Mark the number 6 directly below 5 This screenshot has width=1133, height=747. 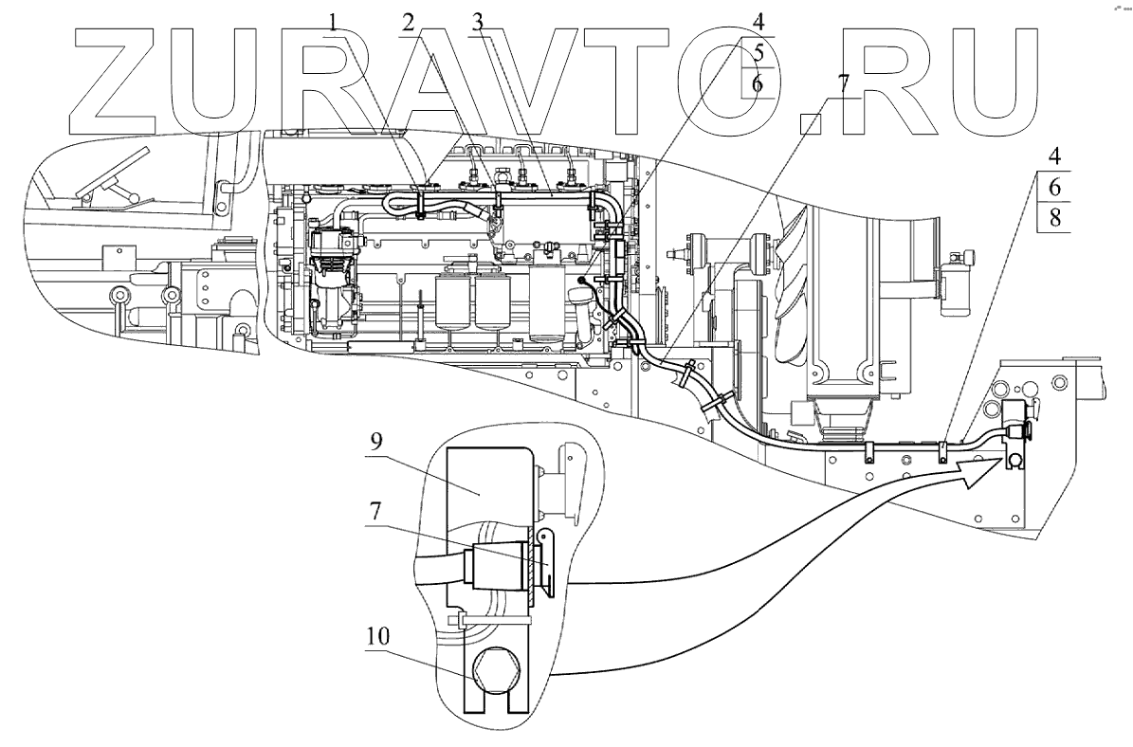click(x=757, y=82)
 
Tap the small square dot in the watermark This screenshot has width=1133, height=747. click(x=813, y=123)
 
